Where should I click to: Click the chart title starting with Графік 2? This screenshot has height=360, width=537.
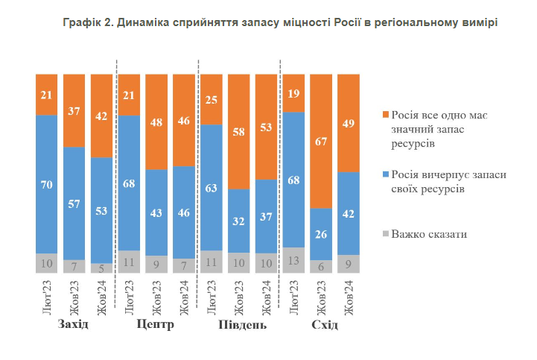point(280,23)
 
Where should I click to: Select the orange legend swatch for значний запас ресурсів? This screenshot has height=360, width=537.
point(385,115)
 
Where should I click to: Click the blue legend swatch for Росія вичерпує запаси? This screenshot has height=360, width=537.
point(385,174)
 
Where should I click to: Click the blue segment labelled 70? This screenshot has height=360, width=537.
point(46,183)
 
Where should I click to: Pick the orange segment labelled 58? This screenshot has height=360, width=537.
point(238,131)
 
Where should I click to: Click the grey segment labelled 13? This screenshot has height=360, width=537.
point(293,260)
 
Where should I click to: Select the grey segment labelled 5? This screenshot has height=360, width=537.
point(101,268)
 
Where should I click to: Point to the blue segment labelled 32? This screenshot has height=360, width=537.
point(238,221)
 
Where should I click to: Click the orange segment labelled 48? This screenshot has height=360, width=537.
point(156,122)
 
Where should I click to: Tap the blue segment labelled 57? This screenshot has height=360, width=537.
point(74,203)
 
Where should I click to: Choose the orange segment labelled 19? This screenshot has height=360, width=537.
point(293,93)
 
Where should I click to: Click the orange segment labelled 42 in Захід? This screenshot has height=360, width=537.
point(101,116)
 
